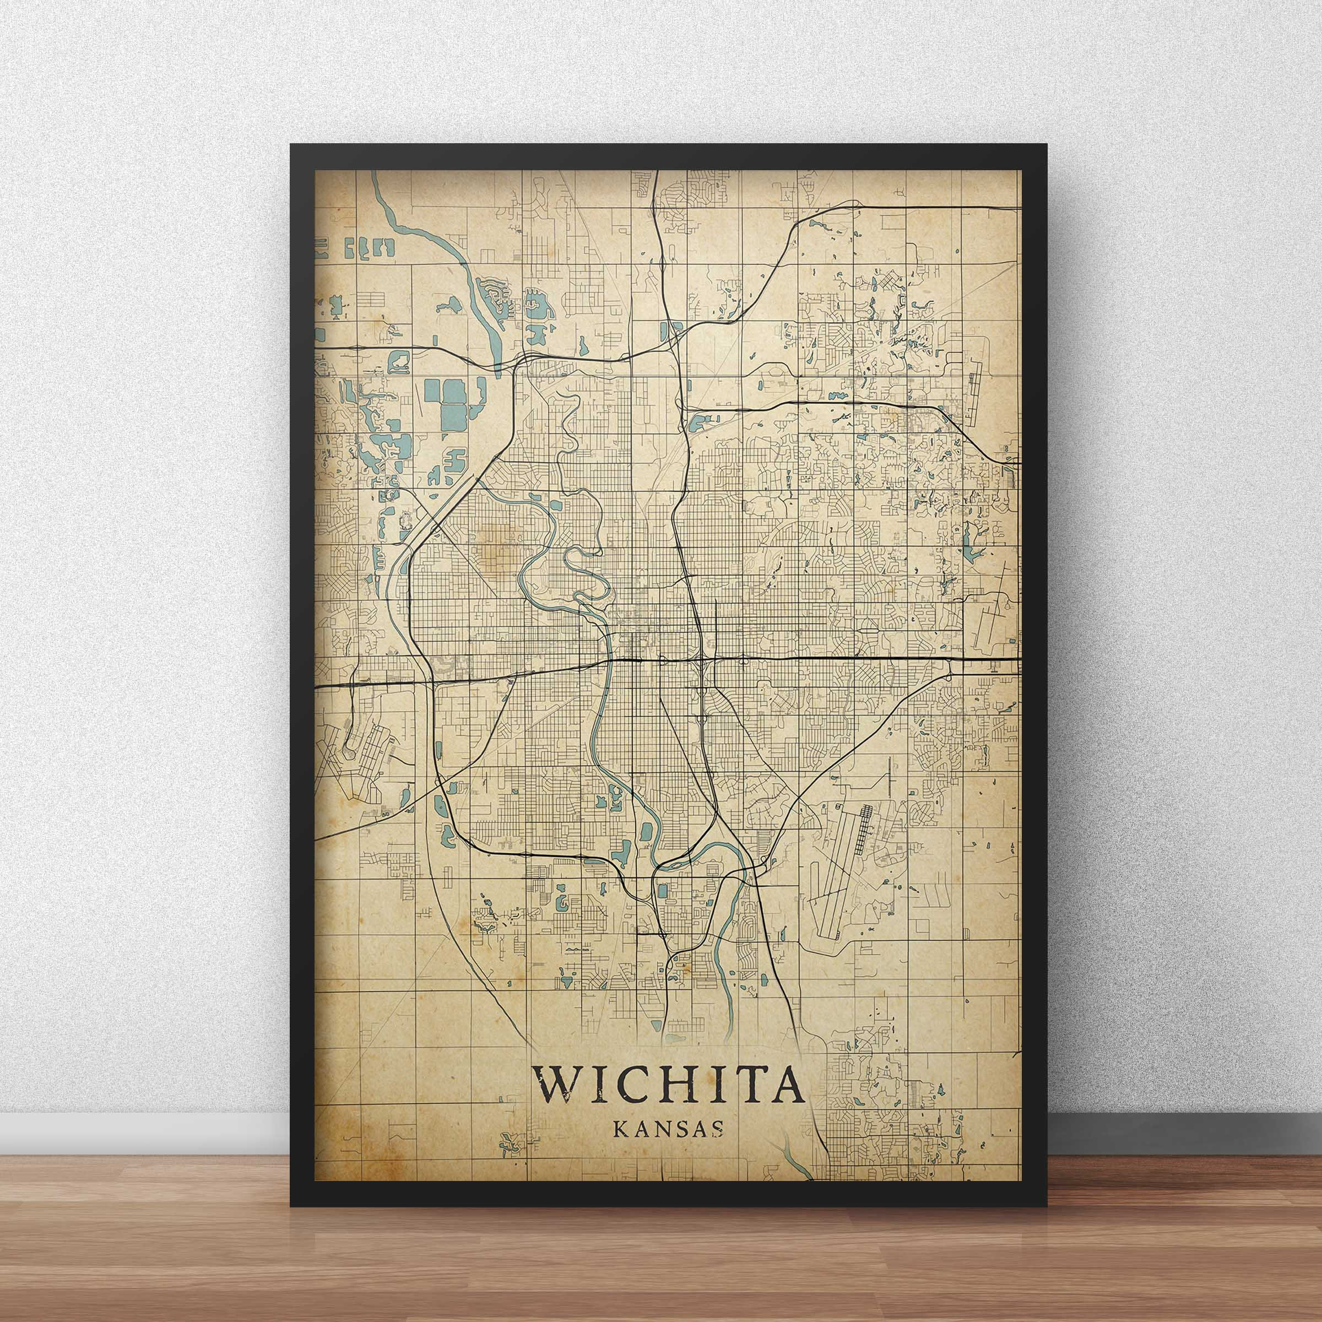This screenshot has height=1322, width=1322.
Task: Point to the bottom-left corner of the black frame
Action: coord(291,1206)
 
